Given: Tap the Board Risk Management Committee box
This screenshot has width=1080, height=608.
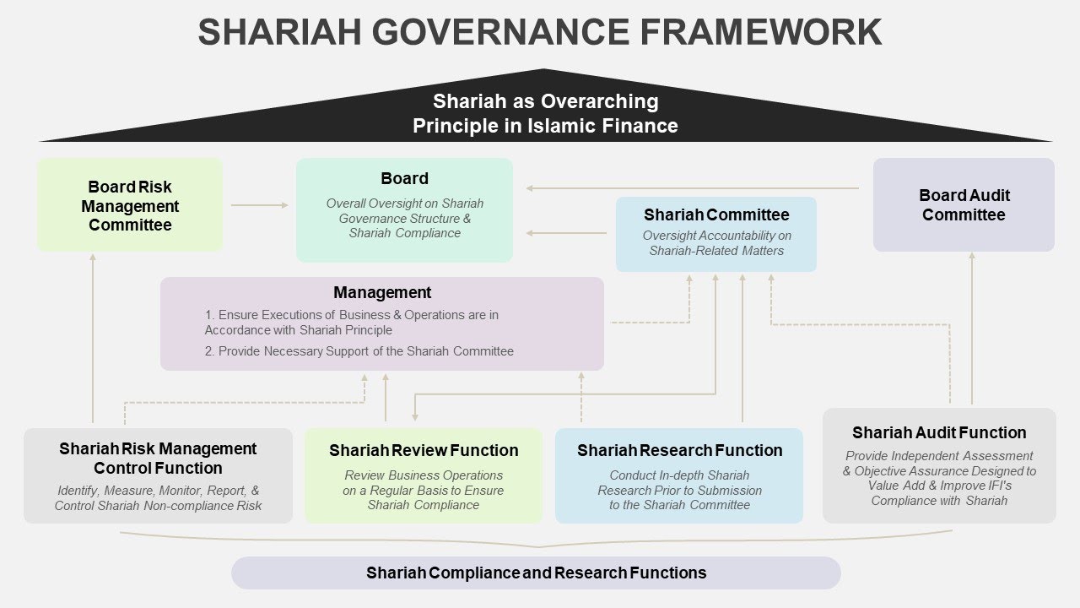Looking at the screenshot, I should tap(130, 205).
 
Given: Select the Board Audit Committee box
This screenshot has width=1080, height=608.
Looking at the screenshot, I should tap(964, 205).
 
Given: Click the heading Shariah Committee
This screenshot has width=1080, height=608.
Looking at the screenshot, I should tap(716, 214).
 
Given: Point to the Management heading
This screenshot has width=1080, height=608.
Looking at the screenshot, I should tap(382, 292).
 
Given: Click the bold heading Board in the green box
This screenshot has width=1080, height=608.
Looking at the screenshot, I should tap(404, 178).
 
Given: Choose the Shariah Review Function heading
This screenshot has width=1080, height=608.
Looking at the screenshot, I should tap(424, 450).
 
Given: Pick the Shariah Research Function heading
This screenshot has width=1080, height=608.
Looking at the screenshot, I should tap(679, 450).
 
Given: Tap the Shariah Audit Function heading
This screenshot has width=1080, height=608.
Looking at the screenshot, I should tap(939, 432).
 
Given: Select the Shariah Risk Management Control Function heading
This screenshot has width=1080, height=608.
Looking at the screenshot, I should tap(158, 458).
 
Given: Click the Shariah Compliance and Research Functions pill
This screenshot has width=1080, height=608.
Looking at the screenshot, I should tap(536, 573).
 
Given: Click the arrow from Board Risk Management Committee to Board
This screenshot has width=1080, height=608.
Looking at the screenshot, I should tap(259, 204).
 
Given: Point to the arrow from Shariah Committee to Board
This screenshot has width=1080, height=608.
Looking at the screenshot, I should tap(565, 233).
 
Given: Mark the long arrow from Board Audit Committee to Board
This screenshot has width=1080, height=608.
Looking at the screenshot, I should tap(692, 187).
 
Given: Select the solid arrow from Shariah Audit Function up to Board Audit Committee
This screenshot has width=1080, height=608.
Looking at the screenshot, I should tap(972, 329).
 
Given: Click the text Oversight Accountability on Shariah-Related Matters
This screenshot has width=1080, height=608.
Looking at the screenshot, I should tap(716, 243).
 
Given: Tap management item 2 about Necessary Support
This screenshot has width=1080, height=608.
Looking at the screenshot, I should tap(359, 350).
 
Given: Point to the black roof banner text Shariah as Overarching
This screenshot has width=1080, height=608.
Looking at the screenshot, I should tap(545, 101).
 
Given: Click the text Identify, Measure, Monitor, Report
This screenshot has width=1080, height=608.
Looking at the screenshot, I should tap(158, 490).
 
